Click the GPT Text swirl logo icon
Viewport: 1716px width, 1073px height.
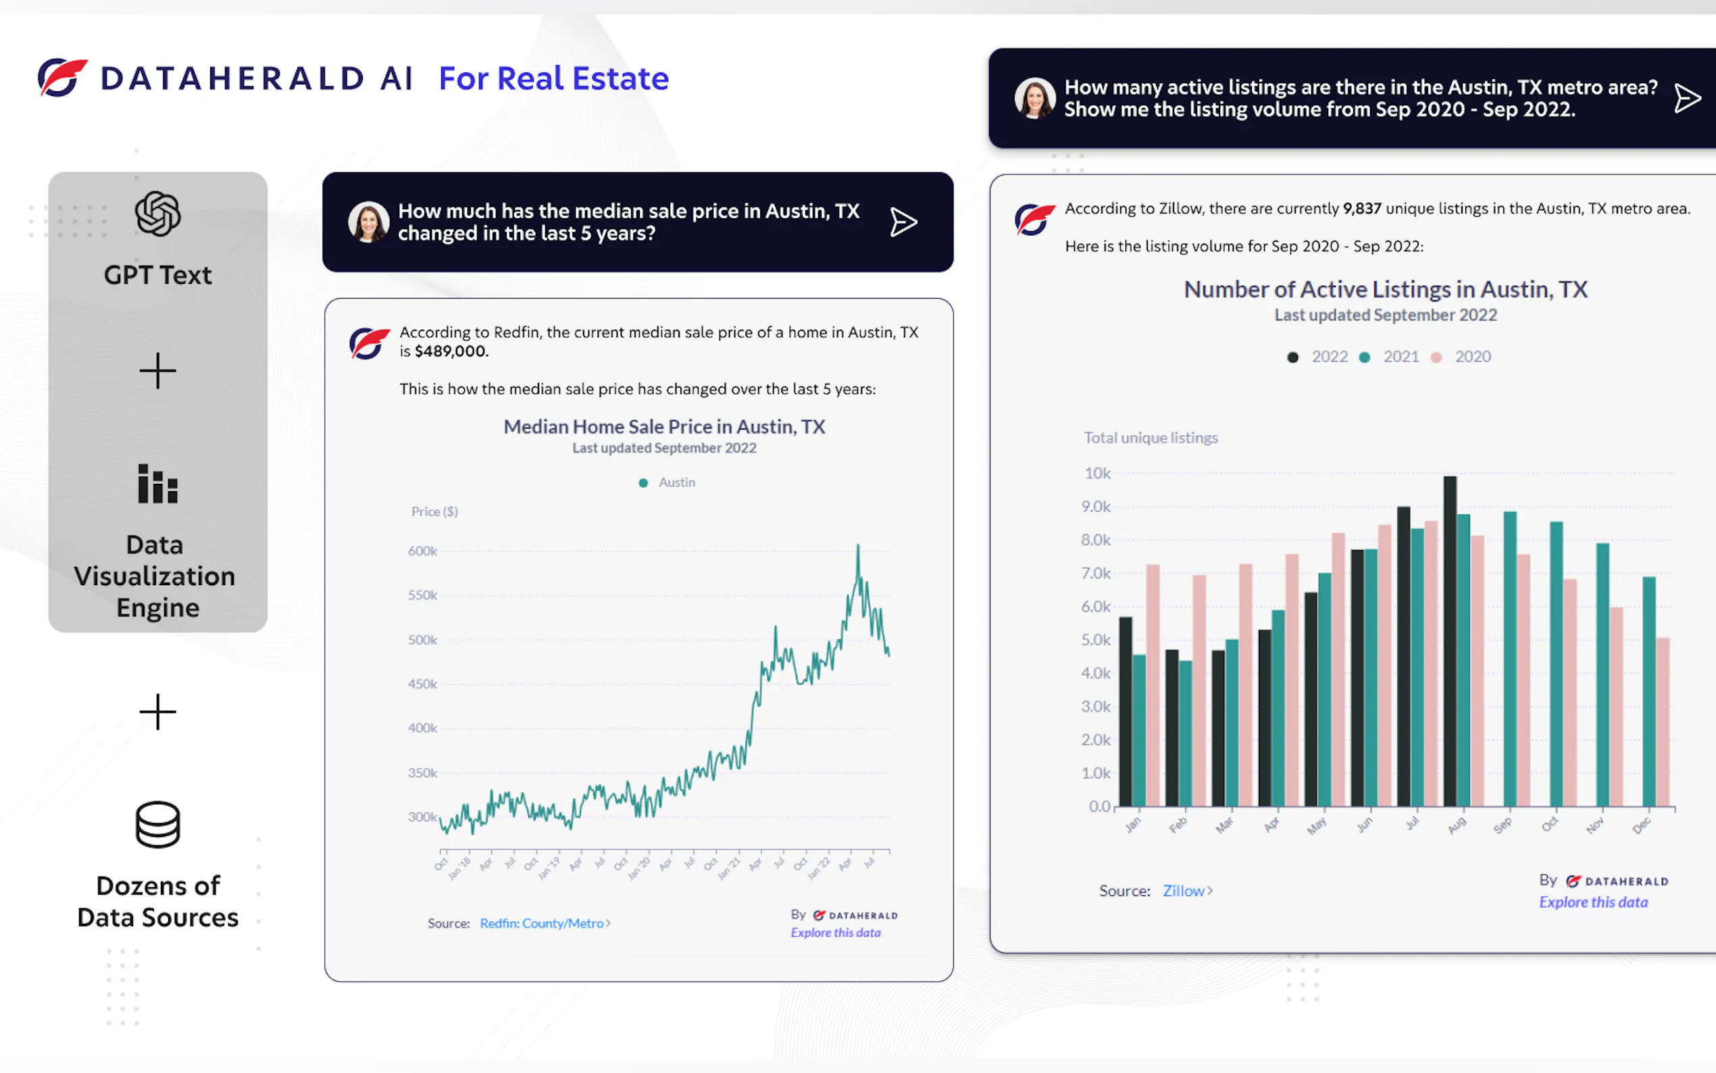[157, 214]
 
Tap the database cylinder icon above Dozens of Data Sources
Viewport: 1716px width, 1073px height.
[157, 824]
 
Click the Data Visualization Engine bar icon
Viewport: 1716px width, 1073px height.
[157, 484]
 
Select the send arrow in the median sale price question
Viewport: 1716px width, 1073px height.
[903, 222]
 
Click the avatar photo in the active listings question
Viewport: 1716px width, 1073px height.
[1034, 98]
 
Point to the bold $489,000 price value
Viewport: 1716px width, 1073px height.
[451, 351]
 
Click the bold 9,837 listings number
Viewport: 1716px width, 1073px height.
[1361, 209]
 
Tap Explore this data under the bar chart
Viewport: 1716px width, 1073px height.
[1592, 902]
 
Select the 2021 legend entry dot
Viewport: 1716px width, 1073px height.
[1364, 357]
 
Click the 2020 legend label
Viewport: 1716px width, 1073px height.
[1472, 356]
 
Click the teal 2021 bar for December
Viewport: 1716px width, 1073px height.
[1648, 692]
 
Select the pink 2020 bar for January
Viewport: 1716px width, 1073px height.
[1153, 685]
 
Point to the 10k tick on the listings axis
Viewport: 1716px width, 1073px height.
[1096, 474]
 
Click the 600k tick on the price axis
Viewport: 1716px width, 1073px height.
[422, 551]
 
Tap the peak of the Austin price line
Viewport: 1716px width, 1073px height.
[857, 547]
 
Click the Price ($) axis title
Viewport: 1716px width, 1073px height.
[434, 511]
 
